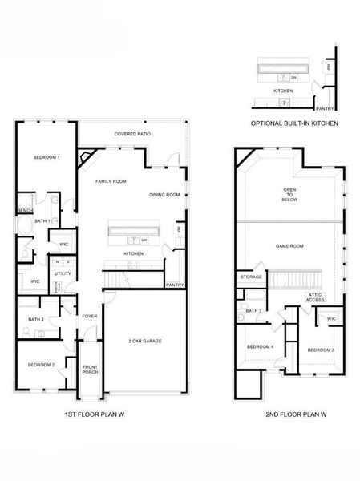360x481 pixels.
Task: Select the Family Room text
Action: pos(111,181)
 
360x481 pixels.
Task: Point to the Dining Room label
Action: pos(164,195)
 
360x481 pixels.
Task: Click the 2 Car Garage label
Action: pos(146,341)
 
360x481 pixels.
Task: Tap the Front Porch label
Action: pos(90,370)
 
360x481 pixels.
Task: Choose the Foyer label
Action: pos(89,316)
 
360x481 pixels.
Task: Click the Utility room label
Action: pos(63,273)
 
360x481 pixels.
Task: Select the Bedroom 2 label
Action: pos(41,365)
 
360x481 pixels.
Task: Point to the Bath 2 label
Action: pos(35,319)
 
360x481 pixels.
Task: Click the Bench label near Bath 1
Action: pos(24,211)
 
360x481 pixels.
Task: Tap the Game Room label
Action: pos(289,245)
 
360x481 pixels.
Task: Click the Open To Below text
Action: pos(289,195)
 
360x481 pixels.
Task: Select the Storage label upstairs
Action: pos(250,277)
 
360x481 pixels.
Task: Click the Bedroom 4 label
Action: pos(260,346)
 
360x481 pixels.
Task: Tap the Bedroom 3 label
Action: pos(321,350)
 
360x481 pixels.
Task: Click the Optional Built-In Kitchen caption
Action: pos(294,124)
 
